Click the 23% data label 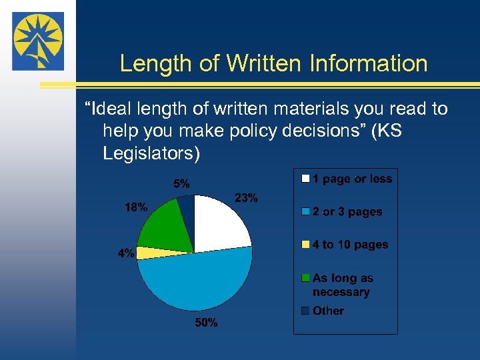point(247,198)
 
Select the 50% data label point(206,323)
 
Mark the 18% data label point(136,207)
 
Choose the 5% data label point(181,183)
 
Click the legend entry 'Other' point(328,311)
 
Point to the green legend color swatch point(305,278)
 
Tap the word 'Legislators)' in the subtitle point(151,153)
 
